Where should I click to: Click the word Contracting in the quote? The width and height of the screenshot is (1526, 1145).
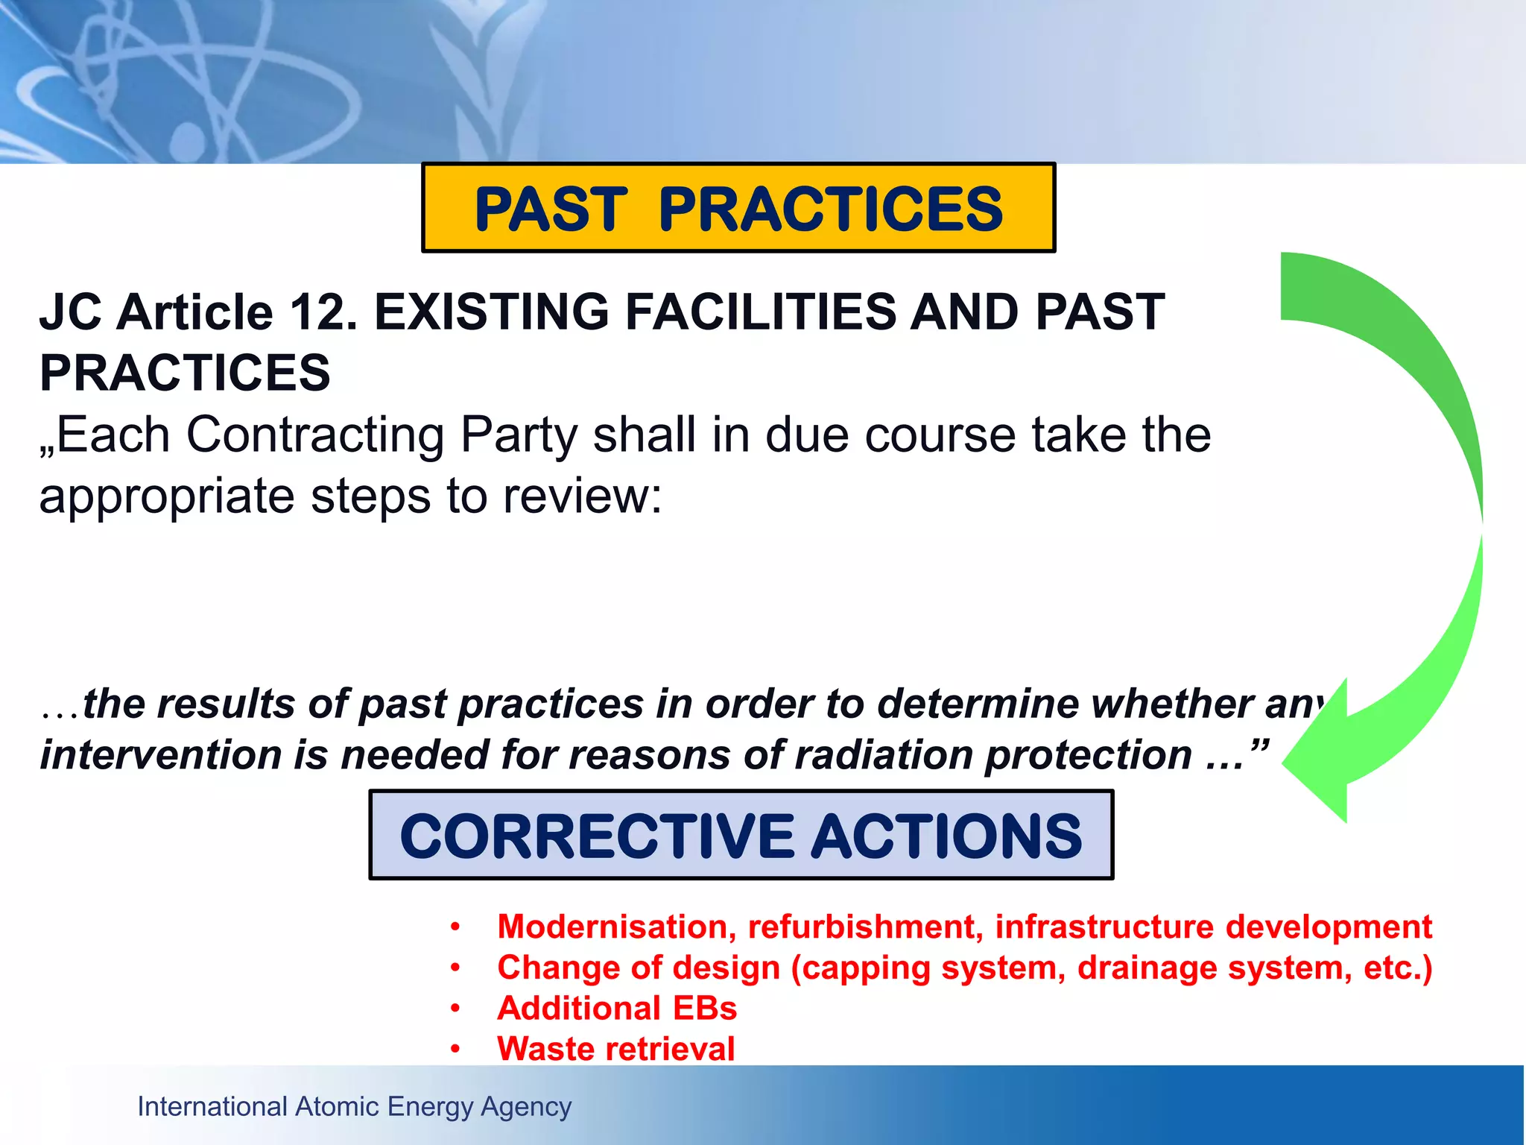click(315, 435)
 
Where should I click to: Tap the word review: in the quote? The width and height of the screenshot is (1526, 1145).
click(582, 496)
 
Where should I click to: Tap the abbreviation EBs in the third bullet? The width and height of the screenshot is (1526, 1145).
click(705, 1009)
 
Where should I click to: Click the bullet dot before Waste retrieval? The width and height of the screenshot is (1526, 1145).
click(455, 1050)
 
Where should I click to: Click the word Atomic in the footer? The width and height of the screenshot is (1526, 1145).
click(338, 1106)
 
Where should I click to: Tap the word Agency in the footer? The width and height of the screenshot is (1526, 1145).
click(526, 1107)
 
